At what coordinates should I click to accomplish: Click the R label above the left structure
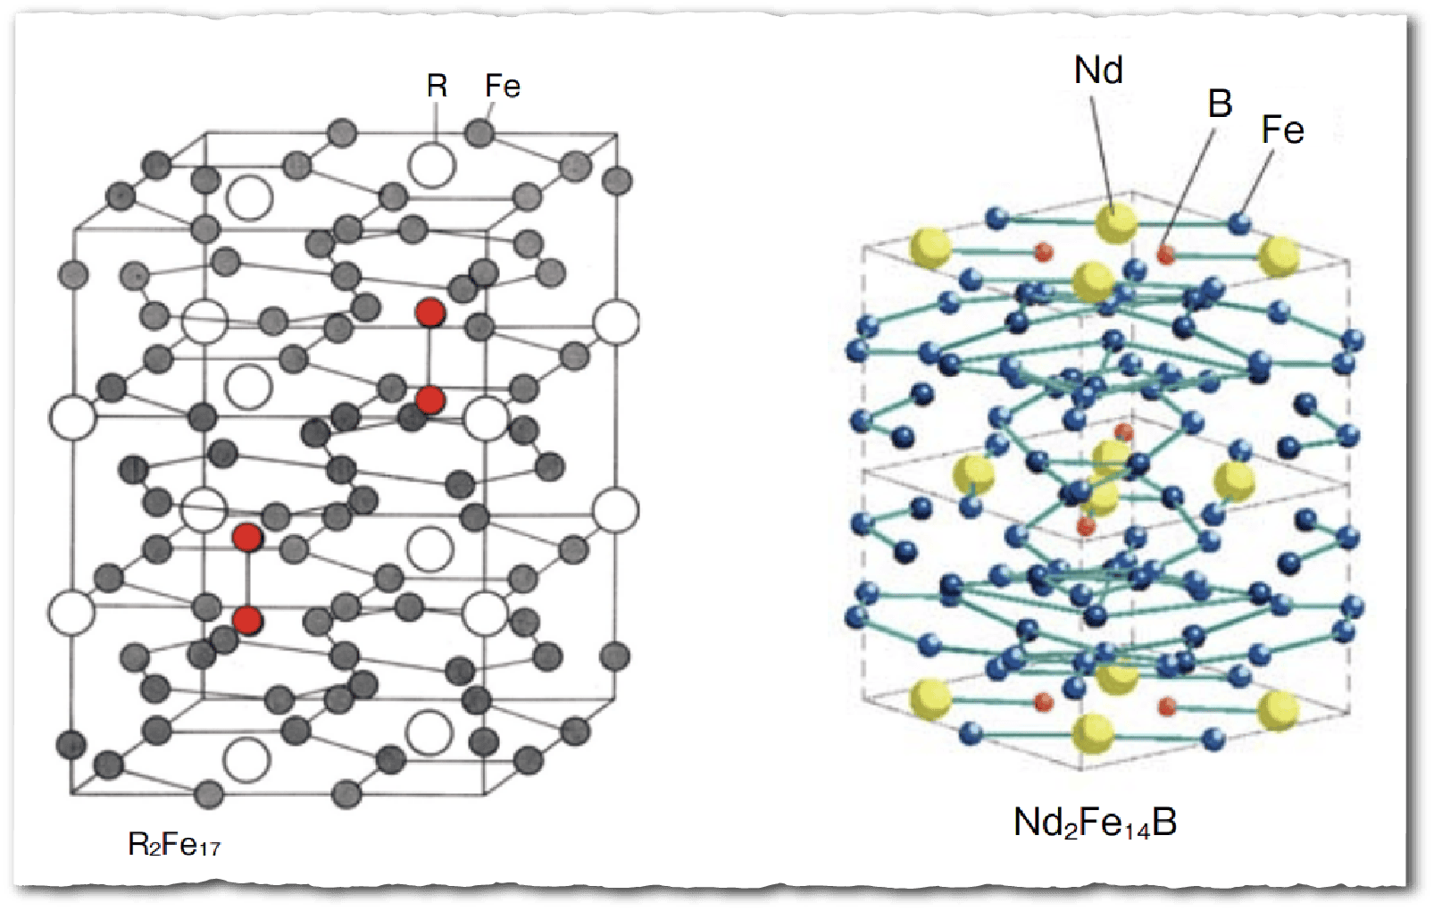coord(437,86)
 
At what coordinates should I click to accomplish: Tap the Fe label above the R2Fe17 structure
coord(502,86)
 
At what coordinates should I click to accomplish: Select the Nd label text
coord(1098,70)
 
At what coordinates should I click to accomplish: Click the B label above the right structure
coord(1220,104)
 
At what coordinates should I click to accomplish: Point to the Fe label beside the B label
coord(1282,130)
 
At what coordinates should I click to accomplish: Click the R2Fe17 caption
coord(174,844)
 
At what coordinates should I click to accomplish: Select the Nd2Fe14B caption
coord(1095,822)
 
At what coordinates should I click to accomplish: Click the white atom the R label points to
coord(432,165)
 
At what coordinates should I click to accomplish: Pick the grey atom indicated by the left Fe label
coord(479,133)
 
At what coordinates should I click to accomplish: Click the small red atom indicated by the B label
coord(1165,255)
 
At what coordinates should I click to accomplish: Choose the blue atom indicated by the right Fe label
coord(1238,222)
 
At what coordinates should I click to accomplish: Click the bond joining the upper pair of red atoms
coord(430,356)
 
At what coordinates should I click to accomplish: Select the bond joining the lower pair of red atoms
coord(247,579)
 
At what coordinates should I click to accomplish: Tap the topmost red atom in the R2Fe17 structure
coord(430,313)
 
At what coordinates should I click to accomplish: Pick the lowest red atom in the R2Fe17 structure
coord(247,620)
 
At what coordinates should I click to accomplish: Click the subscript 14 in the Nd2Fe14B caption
coord(1134,830)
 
